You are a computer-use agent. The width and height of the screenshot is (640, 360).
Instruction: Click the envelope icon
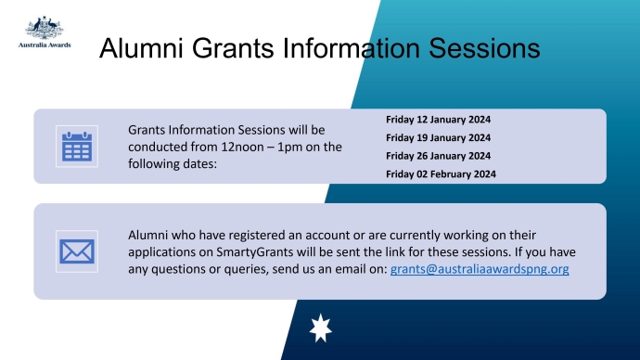(x=77, y=251)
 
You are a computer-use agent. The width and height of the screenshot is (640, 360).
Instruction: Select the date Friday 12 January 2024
(x=438, y=120)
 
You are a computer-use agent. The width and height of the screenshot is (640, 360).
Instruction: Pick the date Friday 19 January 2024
(x=438, y=137)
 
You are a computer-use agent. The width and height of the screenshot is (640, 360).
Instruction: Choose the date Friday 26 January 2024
(x=438, y=155)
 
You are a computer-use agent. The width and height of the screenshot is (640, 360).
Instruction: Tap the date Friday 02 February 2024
(x=441, y=174)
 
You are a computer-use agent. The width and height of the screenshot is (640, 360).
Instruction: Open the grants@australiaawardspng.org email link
(x=480, y=269)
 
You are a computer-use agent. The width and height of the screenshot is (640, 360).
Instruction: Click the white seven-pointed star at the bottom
(x=319, y=328)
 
